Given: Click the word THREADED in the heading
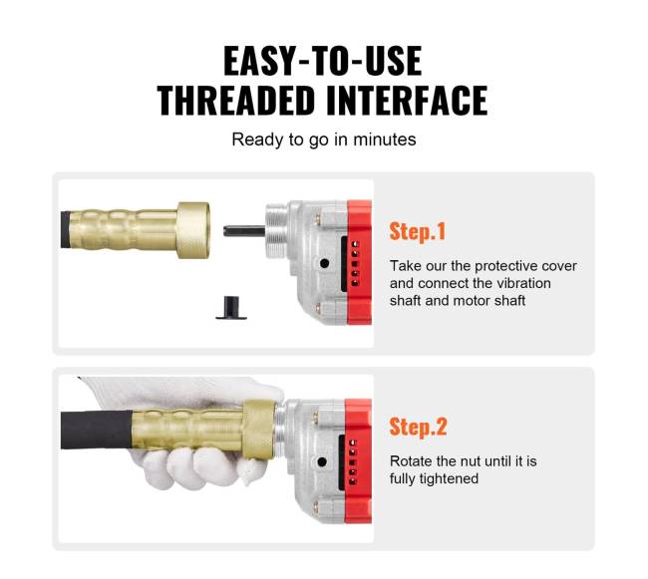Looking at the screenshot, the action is coord(235,101).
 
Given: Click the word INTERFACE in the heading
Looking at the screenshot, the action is coord(407,101).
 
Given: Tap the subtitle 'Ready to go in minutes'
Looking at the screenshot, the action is coord(324,140).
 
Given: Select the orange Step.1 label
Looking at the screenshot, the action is coord(418,231).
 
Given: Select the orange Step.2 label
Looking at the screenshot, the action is coord(418,427).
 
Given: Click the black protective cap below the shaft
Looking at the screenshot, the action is coord(231,308).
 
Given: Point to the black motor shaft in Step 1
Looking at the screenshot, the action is coord(244,231).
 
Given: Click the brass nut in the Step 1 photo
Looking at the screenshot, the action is coord(193,230).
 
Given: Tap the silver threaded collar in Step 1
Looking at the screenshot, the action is coord(277,230).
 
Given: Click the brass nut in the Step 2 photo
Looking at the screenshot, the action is coord(259,430).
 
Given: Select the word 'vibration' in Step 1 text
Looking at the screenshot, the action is coord(523,283).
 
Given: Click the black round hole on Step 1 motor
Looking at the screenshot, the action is coord(325,263).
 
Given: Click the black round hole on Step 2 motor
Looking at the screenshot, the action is coord(322,462).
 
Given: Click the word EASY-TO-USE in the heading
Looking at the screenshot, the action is coord(323,61).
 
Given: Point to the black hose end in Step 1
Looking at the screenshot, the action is coord(66,229).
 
